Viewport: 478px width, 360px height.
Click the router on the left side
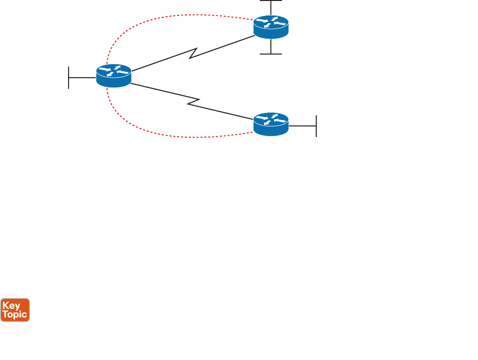113,76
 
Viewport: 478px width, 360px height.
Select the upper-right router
271,27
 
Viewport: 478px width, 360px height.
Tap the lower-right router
271,124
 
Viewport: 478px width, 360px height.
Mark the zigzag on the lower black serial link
193,102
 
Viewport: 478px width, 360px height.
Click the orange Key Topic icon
15,310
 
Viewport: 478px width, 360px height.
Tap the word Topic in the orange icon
15,315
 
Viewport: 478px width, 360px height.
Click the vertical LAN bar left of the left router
69,78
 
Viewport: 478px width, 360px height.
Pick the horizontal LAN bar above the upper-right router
271,1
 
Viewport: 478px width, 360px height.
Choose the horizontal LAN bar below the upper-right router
271,54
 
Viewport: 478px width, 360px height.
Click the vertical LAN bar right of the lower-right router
316,126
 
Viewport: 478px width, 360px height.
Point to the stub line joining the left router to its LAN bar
82,78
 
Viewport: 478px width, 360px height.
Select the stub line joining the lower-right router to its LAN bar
302,126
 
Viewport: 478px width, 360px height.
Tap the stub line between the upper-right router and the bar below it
271,46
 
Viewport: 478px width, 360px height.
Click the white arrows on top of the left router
113,71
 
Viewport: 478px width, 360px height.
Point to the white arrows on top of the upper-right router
271,22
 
